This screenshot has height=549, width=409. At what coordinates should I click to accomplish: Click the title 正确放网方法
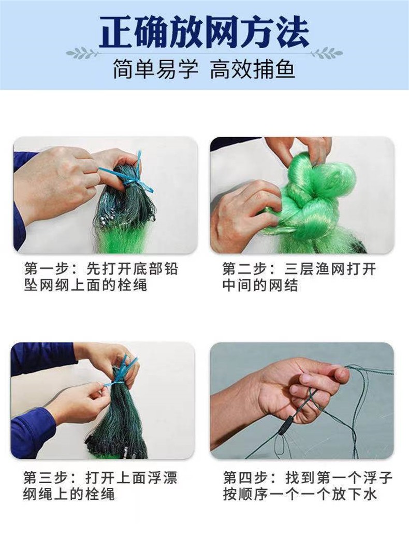pyautogui.click(x=204, y=31)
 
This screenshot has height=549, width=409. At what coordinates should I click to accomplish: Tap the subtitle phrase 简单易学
pyautogui.click(x=155, y=70)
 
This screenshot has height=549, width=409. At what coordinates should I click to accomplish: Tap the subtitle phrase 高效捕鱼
pyautogui.click(x=252, y=70)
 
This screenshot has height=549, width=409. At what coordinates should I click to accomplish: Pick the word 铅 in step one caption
pyautogui.click(x=170, y=269)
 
